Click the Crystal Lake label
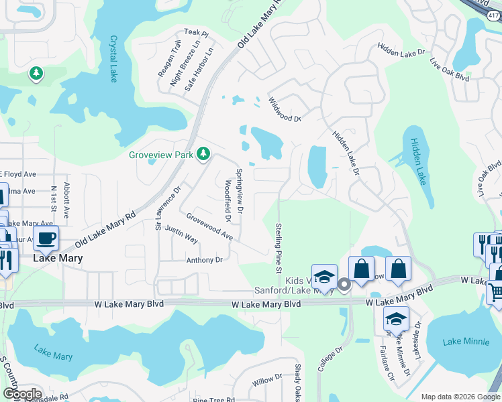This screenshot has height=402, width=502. [x=111, y=56]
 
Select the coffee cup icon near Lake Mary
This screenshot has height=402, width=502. [x=46, y=238]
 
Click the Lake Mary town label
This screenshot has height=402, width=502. [x=59, y=258]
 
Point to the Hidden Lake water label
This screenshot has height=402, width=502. [x=418, y=161]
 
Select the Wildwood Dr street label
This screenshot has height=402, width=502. [x=285, y=109]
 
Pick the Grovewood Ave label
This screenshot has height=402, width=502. [x=209, y=227]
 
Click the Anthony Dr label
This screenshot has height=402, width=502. [x=204, y=260]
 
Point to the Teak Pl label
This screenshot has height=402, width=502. [x=197, y=33]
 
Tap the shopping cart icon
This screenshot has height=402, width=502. [x=495, y=292]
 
